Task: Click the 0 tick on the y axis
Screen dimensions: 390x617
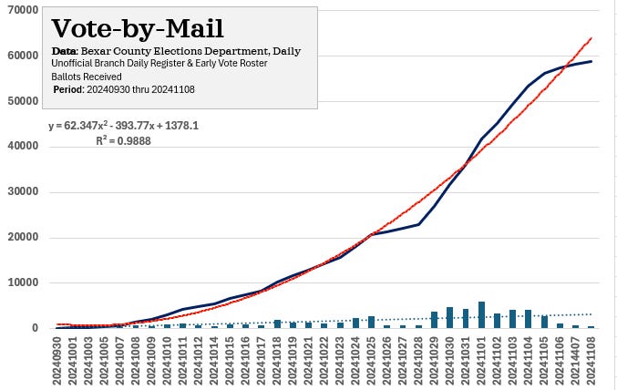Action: point(34,328)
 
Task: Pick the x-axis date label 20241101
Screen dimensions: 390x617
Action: point(481,360)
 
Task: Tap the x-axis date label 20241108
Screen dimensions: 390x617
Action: point(591,360)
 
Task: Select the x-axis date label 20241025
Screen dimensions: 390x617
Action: point(372,360)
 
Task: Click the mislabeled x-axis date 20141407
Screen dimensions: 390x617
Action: point(575,360)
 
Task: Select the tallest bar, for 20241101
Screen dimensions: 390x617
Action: point(481,314)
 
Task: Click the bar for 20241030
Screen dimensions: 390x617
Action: point(449,317)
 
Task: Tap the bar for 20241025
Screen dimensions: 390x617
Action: point(372,322)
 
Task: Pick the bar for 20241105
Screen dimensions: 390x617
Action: point(544,322)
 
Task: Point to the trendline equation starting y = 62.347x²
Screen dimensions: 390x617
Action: point(123,127)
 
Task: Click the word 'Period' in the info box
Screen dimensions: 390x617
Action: point(67,89)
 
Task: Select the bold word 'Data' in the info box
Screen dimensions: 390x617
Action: point(64,52)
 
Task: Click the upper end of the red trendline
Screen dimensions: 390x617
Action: point(591,38)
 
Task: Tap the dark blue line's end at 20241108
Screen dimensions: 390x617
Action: point(591,62)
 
